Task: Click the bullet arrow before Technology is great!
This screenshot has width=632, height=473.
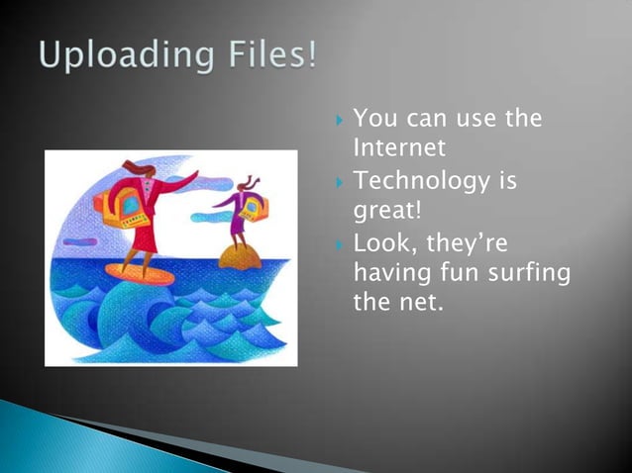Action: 339,183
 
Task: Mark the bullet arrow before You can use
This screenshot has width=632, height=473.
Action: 339,121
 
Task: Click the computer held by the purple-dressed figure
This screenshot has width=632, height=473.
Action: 254,206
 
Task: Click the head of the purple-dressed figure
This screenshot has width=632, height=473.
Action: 247,182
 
